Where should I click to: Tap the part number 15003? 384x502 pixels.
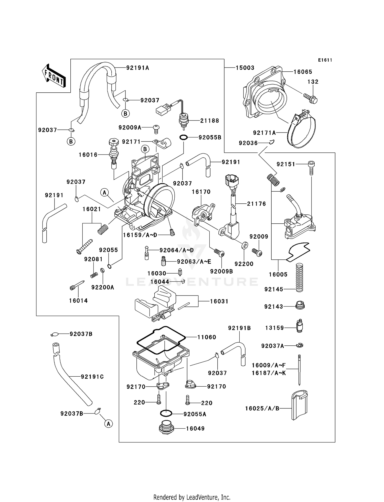click(245, 68)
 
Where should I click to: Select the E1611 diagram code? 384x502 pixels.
click(325, 60)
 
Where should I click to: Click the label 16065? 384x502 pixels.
click(303, 72)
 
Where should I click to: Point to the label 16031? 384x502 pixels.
click(219, 301)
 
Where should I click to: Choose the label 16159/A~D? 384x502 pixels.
click(140, 235)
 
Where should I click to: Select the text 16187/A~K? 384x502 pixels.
click(269, 373)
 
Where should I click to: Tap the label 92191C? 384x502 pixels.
click(92, 377)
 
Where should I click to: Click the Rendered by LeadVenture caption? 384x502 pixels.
click(192, 497)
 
